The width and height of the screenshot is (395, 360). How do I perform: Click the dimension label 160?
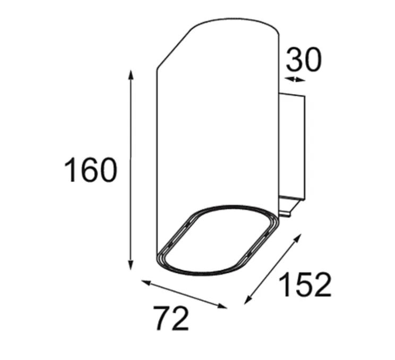(91, 169)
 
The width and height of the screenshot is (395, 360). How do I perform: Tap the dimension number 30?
(304, 59)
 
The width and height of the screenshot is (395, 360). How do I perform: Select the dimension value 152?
(305, 285)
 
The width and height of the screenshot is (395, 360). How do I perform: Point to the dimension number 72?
(172, 319)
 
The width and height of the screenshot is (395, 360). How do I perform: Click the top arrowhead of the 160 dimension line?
(131, 75)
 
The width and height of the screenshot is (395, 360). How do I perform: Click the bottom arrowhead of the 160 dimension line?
(131, 265)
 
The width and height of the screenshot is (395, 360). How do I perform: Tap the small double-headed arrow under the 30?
(295, 79)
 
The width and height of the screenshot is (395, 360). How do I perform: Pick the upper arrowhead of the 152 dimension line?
(297, 238)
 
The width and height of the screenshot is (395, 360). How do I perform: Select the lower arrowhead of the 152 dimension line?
(248, 300)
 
